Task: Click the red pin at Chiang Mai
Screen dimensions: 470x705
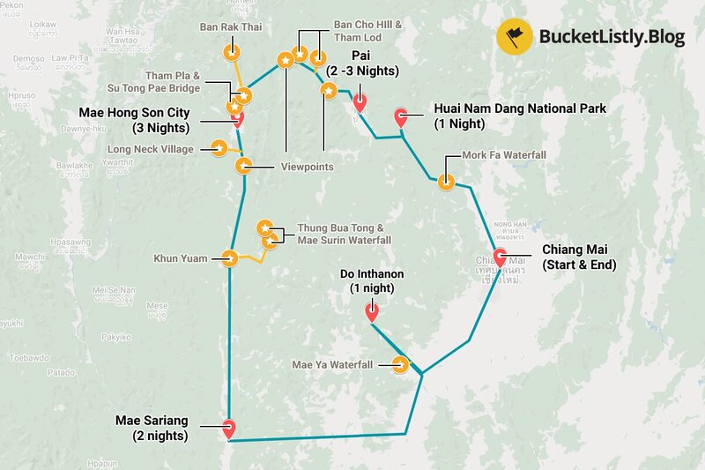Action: coord(500,259)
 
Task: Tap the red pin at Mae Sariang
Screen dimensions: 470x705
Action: coord(229,429)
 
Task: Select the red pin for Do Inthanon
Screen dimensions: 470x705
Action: coord(371,310)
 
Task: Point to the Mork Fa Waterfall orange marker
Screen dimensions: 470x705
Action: coord(446,183)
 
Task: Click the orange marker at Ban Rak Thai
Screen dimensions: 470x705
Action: coord(231,52)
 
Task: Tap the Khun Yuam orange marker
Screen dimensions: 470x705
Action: coord(230,258)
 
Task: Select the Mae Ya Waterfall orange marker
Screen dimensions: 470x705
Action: coord(401,364)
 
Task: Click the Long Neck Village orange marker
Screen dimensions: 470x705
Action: coord(217,148)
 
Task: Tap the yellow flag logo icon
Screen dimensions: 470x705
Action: coord(514,36)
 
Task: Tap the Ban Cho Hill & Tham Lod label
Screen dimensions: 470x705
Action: coord(367,32)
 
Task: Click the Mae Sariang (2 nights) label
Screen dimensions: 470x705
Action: coord(152,428)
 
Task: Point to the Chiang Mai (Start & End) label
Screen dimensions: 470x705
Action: coord(579,257)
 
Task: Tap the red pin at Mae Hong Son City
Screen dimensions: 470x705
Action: coord(237,118)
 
